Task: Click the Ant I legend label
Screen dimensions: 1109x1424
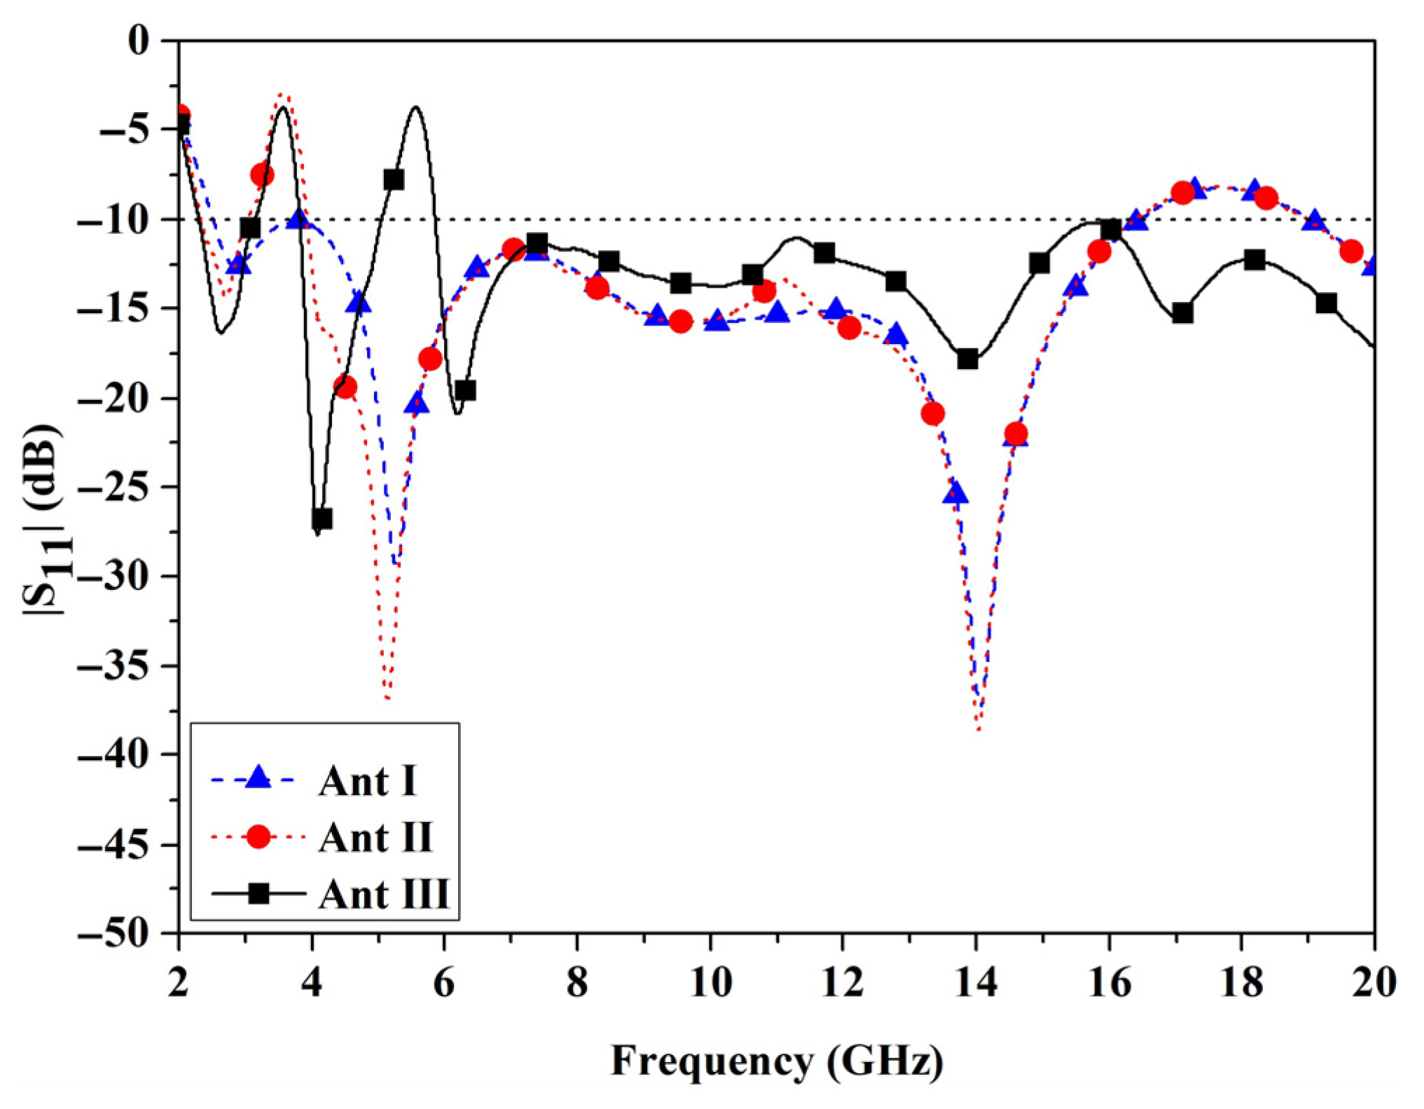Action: [368, 781]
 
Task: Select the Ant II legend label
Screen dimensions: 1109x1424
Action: [376, 838]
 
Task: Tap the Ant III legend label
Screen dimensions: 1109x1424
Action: [384, 895]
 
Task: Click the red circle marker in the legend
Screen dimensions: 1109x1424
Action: [258, 837]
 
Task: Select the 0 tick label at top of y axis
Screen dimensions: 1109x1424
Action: [139, 41]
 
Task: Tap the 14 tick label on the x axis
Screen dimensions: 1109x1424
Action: [976, 983]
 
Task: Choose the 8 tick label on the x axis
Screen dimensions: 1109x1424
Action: [577, 983]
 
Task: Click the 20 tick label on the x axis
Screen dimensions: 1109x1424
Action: [1374, 983]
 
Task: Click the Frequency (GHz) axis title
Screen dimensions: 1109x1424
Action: [777, 1061]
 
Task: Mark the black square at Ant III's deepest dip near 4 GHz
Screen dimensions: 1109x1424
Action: [322, 519]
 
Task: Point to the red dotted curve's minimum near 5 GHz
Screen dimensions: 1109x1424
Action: [388, 698]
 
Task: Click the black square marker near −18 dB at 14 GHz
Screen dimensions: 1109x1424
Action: [967, 359]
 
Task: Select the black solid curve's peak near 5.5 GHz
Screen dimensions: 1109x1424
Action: [416, 107]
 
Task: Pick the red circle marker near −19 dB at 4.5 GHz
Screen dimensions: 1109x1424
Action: [345, 387]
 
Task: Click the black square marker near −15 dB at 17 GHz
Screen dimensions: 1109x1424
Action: [1182, 313]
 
